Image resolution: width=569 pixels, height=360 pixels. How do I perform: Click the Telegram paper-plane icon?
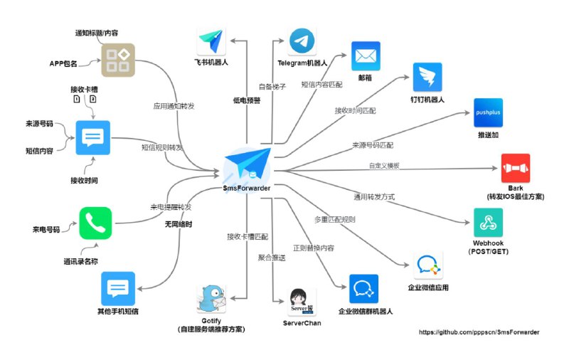tap(302, 42)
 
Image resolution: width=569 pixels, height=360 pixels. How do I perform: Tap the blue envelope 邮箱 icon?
tap(366, 55)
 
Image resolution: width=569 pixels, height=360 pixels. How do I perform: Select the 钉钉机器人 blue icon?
tap(427, 77)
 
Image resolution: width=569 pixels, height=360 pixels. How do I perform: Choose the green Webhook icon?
tap(487, 223)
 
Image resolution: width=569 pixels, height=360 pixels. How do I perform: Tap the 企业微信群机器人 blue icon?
tap(363, 289)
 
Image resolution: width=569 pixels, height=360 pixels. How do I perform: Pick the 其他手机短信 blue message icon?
tap(118, 289)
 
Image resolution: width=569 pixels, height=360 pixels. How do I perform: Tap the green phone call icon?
tap(95, 223)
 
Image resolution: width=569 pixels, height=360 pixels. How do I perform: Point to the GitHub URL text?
tap(479, 332)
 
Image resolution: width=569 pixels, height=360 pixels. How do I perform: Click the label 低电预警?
tap(246, 100)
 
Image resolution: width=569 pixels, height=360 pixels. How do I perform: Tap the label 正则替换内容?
tap(314, 248)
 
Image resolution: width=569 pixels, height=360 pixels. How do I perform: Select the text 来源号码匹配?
tap(373, 145)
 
